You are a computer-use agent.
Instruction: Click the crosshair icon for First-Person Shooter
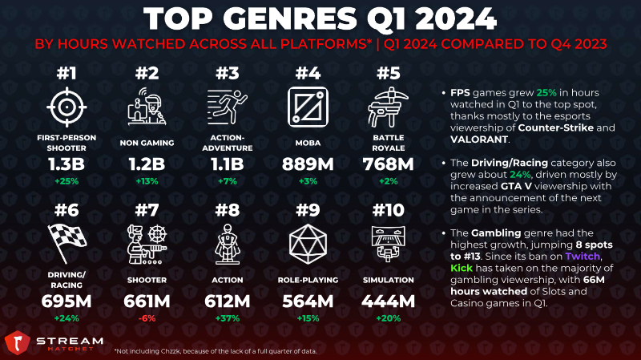67,107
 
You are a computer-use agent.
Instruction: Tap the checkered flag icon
67,243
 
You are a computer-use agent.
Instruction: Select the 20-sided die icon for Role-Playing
308,244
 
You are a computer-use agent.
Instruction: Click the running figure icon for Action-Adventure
228,107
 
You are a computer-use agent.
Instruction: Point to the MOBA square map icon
308,107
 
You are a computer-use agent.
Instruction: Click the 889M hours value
308,164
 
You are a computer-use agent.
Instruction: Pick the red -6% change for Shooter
147,318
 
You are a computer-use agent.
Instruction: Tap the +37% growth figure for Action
228,318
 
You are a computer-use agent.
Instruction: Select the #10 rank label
389,210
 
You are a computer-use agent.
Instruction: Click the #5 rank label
389,73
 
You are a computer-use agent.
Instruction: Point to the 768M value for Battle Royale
389,164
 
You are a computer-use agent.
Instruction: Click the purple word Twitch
583,257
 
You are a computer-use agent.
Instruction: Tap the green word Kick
462,268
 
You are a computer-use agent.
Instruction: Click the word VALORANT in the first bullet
479,140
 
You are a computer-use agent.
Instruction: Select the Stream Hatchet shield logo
17,343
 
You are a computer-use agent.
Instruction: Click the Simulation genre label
389,281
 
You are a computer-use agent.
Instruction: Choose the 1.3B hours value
67,164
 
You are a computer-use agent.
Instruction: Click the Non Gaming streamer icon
147,107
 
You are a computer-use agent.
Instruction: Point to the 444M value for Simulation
389,301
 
